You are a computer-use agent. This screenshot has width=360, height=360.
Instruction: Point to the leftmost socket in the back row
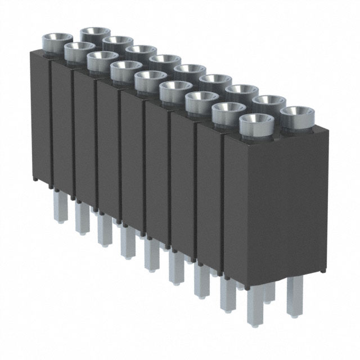[x=95, y=34]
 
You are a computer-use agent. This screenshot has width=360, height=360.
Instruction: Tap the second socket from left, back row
[x=118, y=43]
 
